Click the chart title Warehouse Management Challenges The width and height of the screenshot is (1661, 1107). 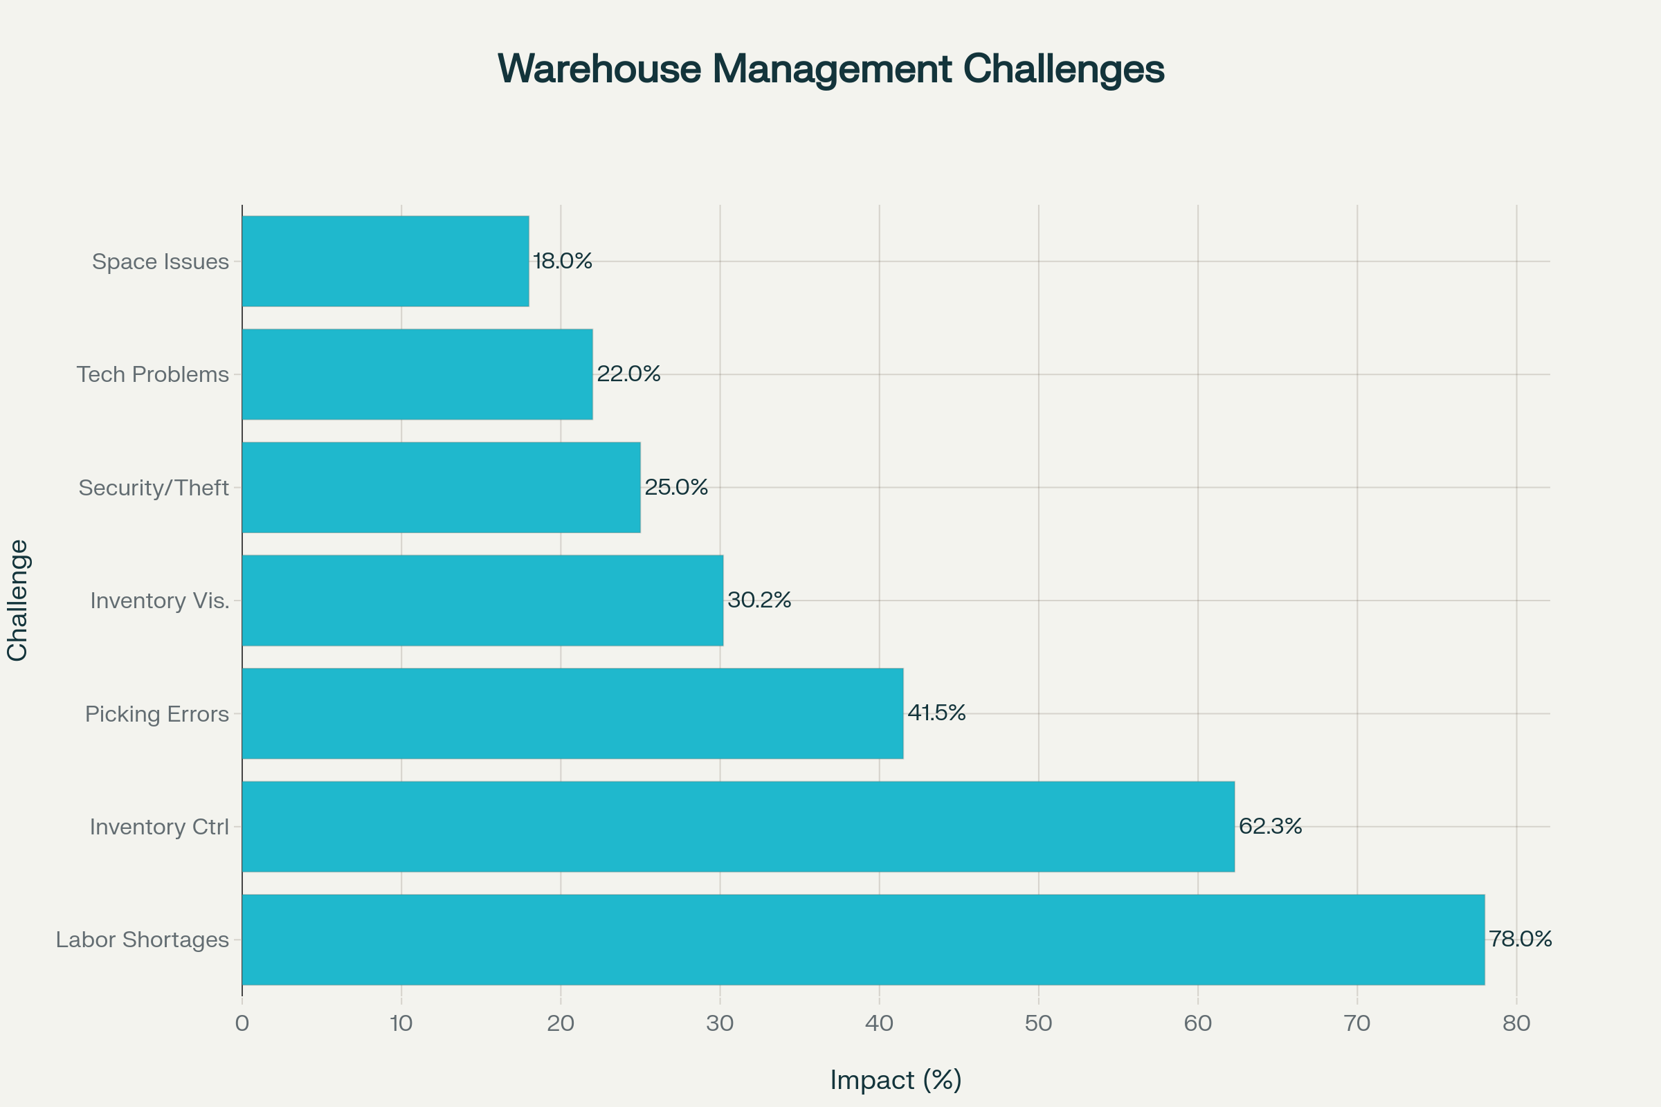coord(831,69)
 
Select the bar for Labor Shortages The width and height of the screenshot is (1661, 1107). coord(863,940)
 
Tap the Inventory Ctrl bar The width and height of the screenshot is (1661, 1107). coord(738,827)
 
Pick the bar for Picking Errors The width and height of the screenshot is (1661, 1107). coord(572,714)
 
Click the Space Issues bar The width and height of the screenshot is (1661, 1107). coord(385,262)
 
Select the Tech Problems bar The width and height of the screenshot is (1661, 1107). coord(417,374)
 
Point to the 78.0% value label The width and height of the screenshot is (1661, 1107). coord(1521,939)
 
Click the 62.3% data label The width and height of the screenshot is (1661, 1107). coord(1271,826)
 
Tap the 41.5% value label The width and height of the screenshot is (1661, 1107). coord(936,713)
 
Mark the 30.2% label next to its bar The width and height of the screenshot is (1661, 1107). coord(759,600)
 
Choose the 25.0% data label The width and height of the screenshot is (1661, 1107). coord(676,487)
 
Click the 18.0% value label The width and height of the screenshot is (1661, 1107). coord(562,262)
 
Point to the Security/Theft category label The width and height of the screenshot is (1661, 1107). coord(153,488)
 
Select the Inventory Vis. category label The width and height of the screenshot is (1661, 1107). coord(160,601)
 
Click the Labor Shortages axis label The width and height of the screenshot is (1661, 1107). coord(142,940)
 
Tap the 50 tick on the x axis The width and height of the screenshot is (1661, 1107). coord(1038,1023)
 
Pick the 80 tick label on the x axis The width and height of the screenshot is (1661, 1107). coord(1516,1023)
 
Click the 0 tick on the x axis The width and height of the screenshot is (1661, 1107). coord(242,1023)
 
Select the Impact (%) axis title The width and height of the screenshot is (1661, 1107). coord(896,1080)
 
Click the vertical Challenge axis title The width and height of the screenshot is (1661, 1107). coord(18,600)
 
